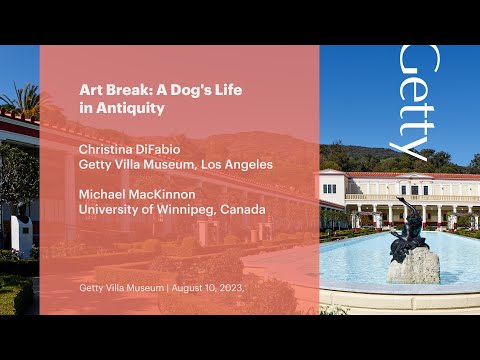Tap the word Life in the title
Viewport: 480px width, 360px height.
[225, 89]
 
